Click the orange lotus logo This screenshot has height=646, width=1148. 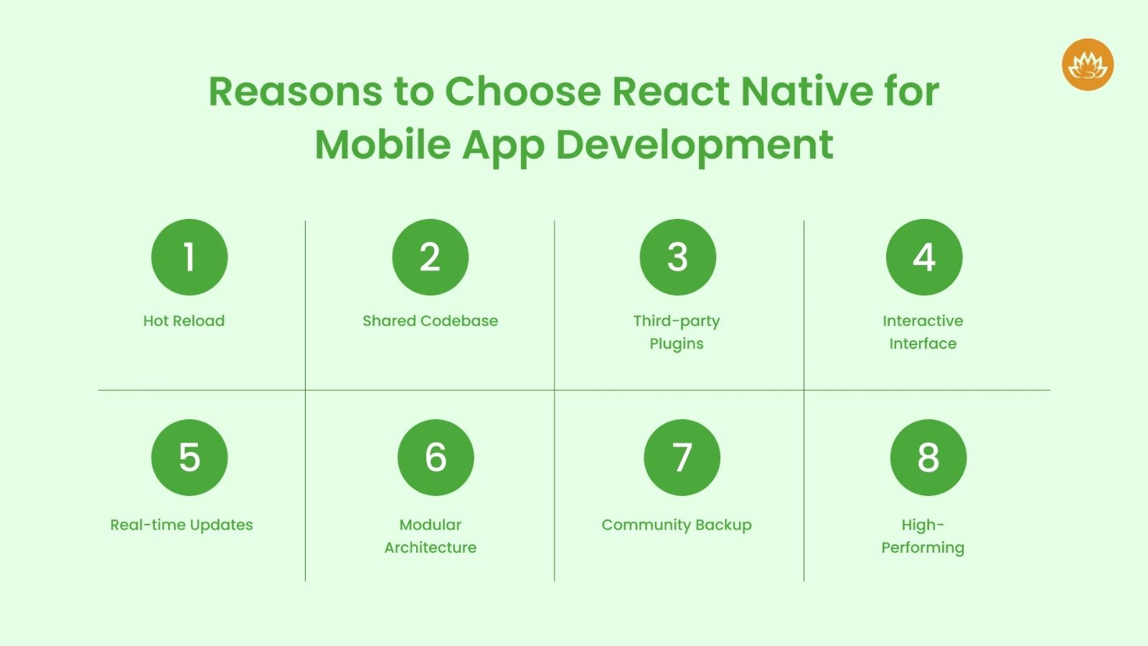(1088, 65)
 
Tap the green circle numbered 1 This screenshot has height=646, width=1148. (189, 257)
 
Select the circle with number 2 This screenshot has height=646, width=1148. (430, 257)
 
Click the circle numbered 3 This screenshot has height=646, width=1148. (677, 257)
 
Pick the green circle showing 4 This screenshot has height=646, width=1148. (924, 257)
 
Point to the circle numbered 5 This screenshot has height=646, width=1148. (189, 457)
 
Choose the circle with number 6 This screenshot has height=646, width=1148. (436, 457)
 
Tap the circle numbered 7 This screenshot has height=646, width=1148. (682, 457)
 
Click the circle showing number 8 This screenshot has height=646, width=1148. (928, 457)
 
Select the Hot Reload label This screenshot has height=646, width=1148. (184, 321)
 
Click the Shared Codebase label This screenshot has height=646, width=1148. (430, 321)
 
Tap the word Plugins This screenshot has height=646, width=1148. (677, 344)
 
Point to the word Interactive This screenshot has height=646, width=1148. (923, 321)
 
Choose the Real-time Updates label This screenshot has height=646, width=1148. (182, 525)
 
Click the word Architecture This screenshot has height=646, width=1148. (430, 548)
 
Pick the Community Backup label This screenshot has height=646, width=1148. (677, 525)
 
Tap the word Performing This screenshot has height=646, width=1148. (923, 548)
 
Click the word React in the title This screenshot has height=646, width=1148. (670, 92)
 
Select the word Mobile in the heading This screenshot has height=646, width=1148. (383, 145)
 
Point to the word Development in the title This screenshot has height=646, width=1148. (695, 145)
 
